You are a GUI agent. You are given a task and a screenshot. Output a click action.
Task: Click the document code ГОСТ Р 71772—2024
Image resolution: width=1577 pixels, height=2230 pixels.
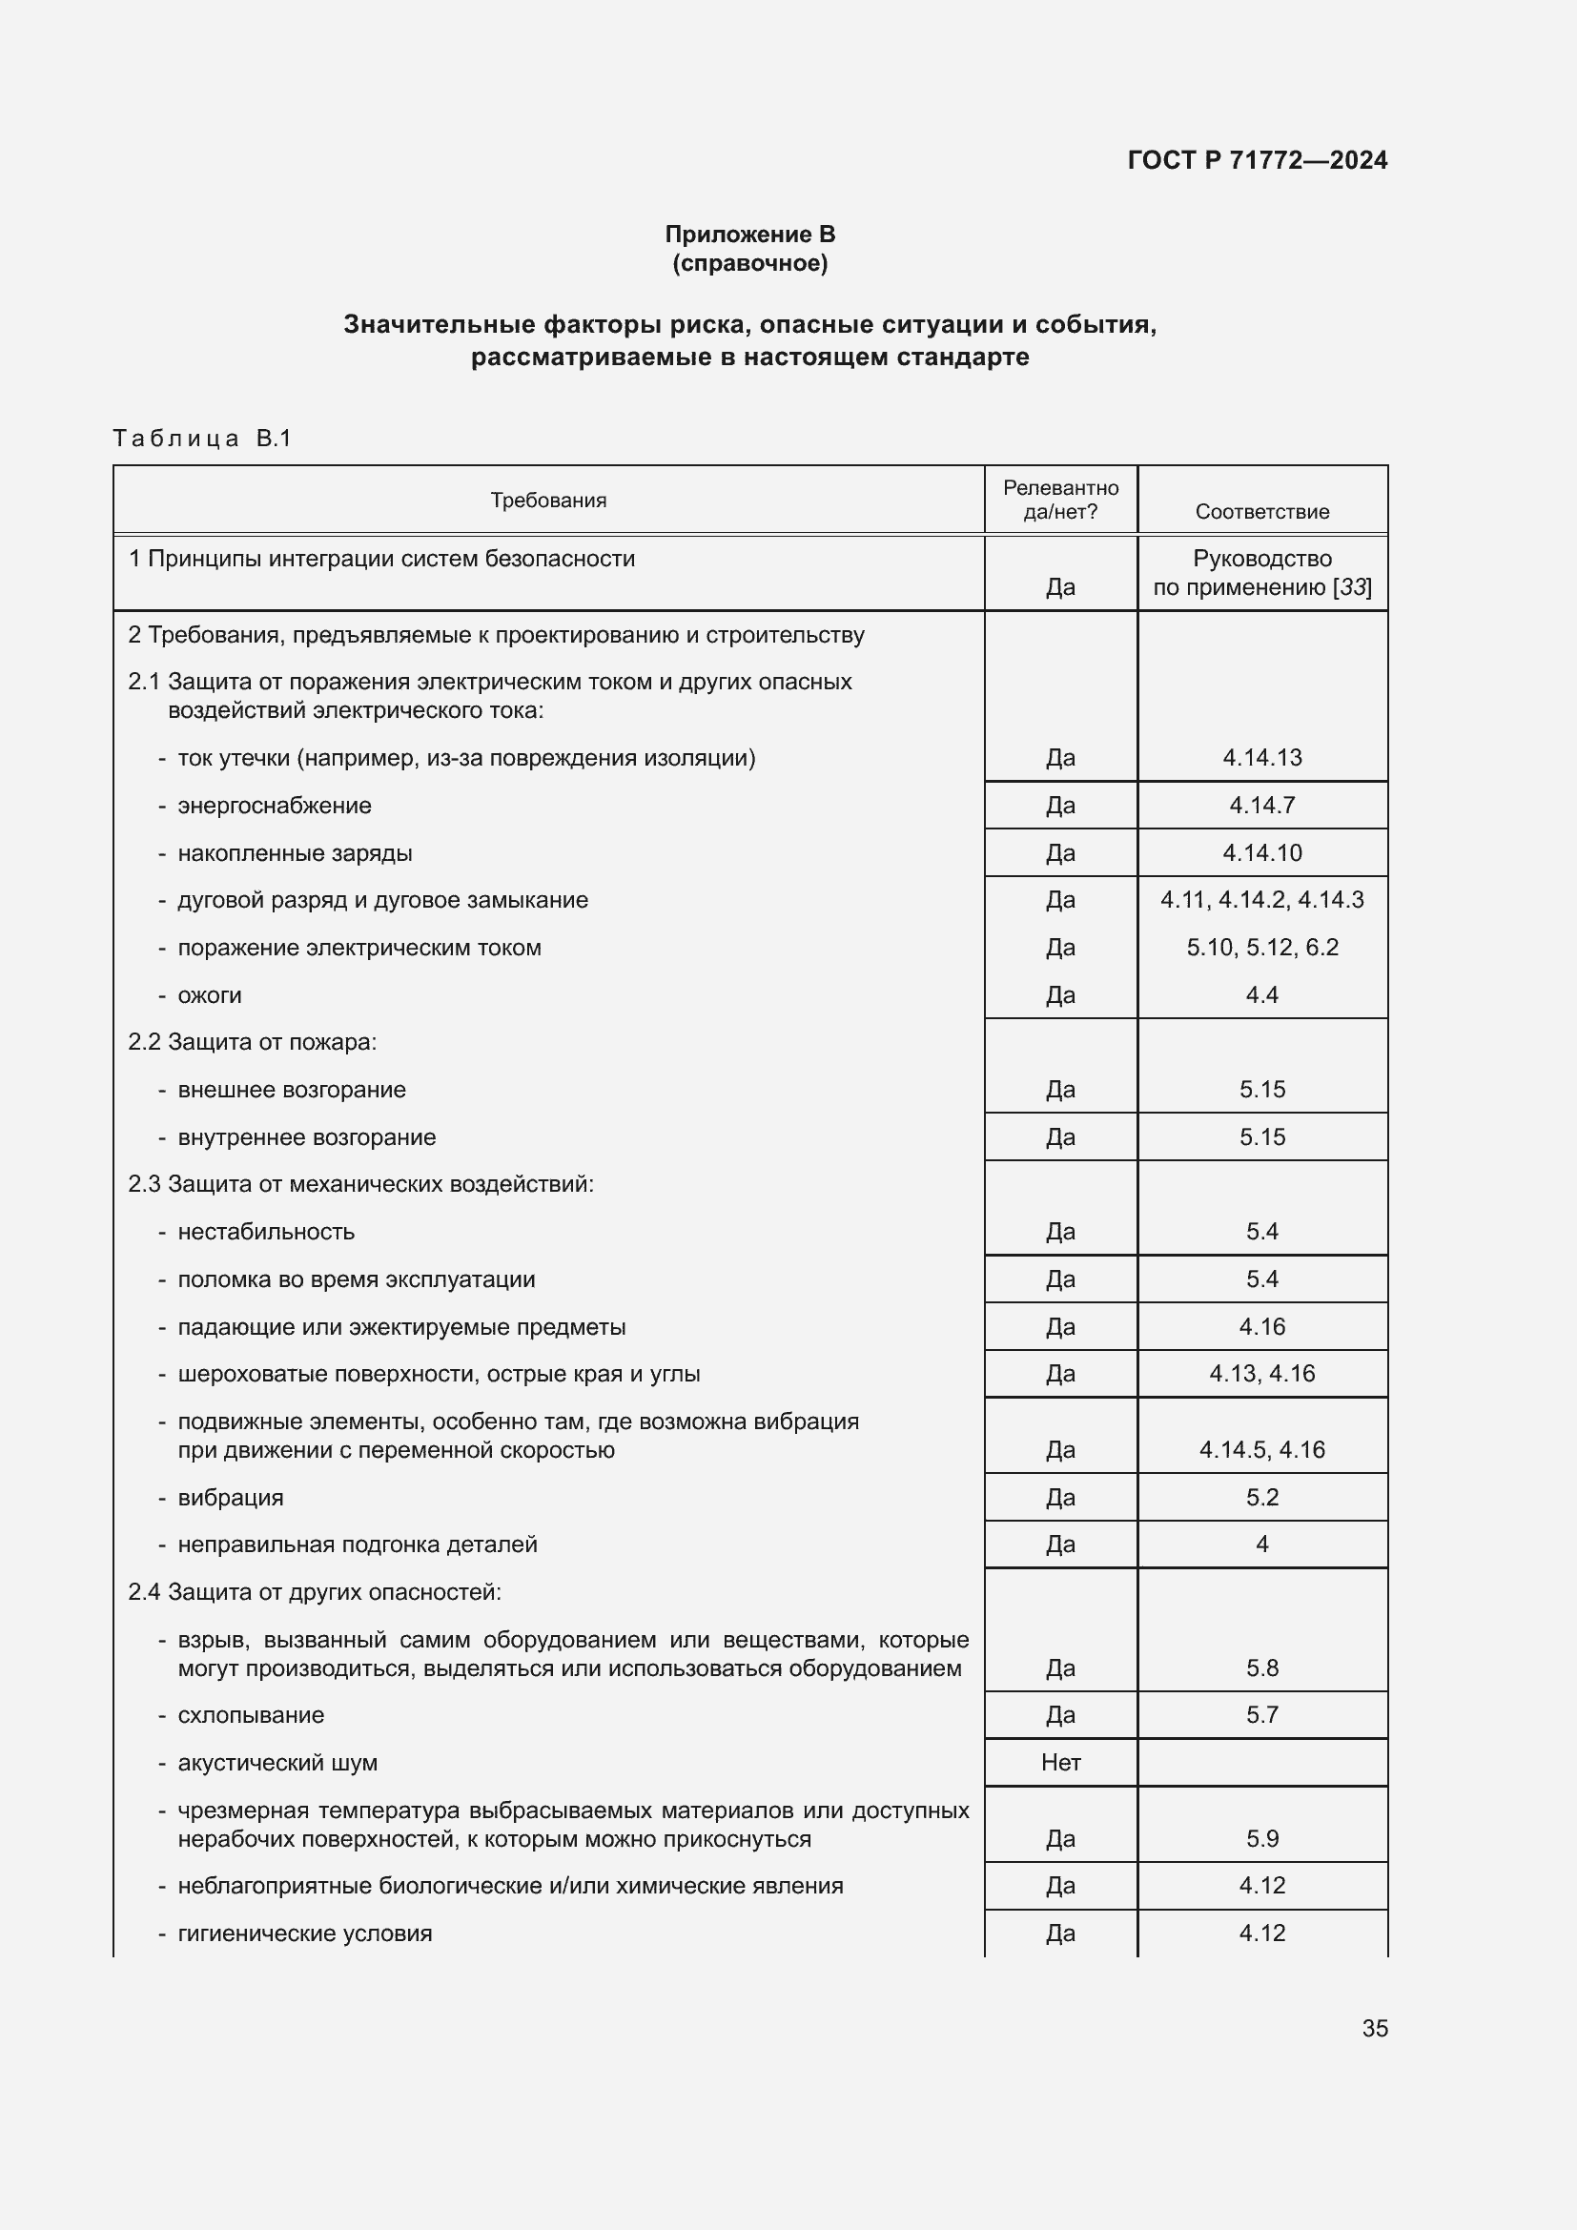pos(1257,160)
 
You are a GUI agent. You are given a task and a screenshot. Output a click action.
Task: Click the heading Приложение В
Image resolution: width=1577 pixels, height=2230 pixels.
pos(749,235)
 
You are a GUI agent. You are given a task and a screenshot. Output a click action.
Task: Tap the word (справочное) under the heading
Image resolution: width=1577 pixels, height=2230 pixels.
pos(749,263)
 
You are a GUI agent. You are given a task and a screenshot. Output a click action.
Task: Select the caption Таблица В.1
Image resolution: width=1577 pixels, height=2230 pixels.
pos(202,438)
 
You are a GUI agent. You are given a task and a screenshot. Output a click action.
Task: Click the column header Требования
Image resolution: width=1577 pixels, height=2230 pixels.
pos(547,501)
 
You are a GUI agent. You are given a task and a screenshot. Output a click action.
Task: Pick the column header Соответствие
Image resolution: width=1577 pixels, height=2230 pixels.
pos(1261,511)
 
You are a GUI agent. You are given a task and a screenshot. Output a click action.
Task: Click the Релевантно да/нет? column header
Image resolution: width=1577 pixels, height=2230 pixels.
pos(1060,500)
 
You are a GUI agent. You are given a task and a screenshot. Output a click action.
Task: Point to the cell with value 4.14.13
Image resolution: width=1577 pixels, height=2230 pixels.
pos(1261,758)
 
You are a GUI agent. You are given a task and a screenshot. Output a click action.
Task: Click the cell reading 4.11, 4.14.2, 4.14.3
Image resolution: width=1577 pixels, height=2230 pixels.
pos(1261,899)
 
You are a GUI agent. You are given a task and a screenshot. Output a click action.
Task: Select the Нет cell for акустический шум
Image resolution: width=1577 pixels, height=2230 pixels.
pos(1060,1762)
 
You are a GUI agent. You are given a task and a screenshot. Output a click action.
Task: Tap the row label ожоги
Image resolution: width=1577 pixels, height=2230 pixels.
pos(209,994)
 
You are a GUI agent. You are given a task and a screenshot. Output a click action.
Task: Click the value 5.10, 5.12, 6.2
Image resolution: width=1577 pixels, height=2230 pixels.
pos(1261,947)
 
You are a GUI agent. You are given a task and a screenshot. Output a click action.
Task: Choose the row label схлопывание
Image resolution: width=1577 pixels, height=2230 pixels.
pos(251,1714)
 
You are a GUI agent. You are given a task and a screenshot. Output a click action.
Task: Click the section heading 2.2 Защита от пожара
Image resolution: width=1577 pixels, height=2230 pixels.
pos(253,1042)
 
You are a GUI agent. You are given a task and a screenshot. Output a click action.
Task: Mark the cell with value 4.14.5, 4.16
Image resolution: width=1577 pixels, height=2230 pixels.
pos(1261,1449)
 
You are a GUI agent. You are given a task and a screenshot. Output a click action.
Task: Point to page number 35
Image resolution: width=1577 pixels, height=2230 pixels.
pos(1374,2028)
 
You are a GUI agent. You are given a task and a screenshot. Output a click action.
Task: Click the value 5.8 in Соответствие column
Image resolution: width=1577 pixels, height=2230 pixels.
pos(1261,1667)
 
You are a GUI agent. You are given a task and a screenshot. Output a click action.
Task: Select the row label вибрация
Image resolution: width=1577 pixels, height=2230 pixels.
pos(230,1497)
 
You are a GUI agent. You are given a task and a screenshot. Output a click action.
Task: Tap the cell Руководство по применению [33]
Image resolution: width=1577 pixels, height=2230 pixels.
pos(1261,573)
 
